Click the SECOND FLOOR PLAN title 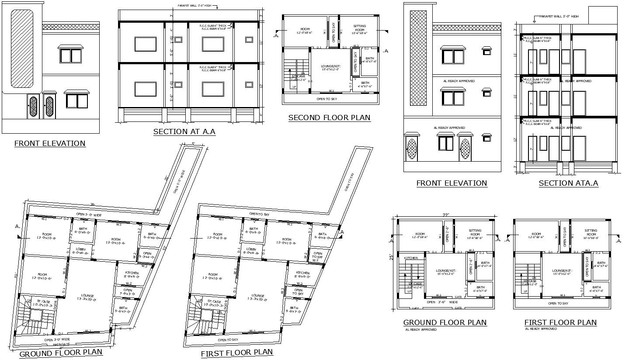click(x=329, y=118)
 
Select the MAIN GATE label click(x=62, y=345)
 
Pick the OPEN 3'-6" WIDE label click(x=442, y=302)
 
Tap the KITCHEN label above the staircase click(x=411, y=258)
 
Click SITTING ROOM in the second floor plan click(x=359, y=29)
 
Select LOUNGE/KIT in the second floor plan click(x=330, y=68)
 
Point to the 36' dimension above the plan click(x=92, y=204)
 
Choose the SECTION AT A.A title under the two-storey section click(x=184, y=132)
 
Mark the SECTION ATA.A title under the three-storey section click(x=568, y=183)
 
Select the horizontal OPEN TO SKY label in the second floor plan click(x=330, y=99)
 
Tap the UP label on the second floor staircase click(x=294, y=87)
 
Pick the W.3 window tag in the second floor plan click(x=356, y=46)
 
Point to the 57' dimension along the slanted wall click(x=165, y=248)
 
